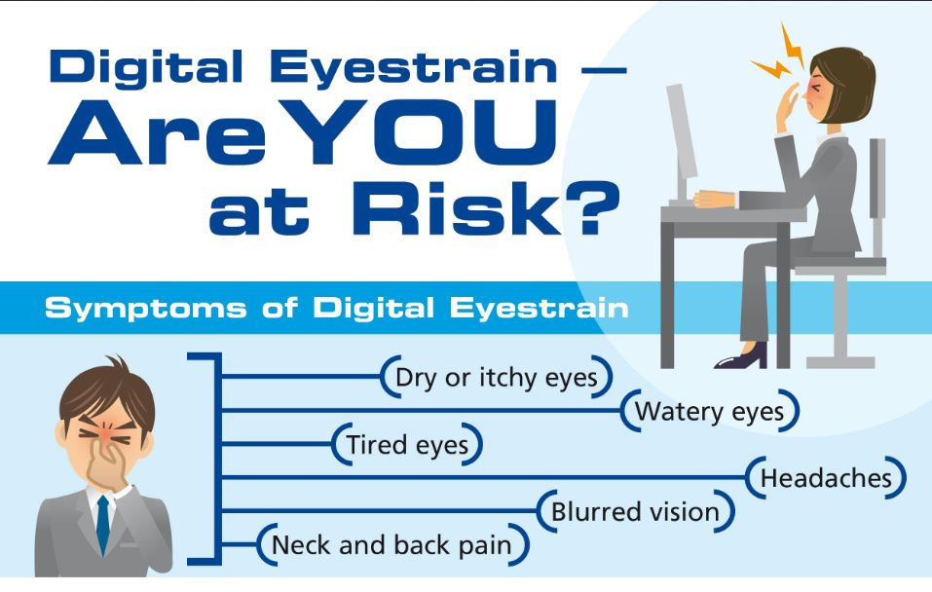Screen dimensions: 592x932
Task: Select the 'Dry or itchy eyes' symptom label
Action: click(x=496, y=378)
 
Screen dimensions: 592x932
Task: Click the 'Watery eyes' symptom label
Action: click(x=709, y=411)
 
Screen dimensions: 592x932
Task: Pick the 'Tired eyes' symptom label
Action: click(x=407, y=445)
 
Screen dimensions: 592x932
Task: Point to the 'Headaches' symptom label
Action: click(x=826, y=478)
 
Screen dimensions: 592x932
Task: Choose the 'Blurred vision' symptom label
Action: click(x=635, y=512)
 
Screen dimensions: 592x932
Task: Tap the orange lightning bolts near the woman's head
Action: click(x=779, y=58)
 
